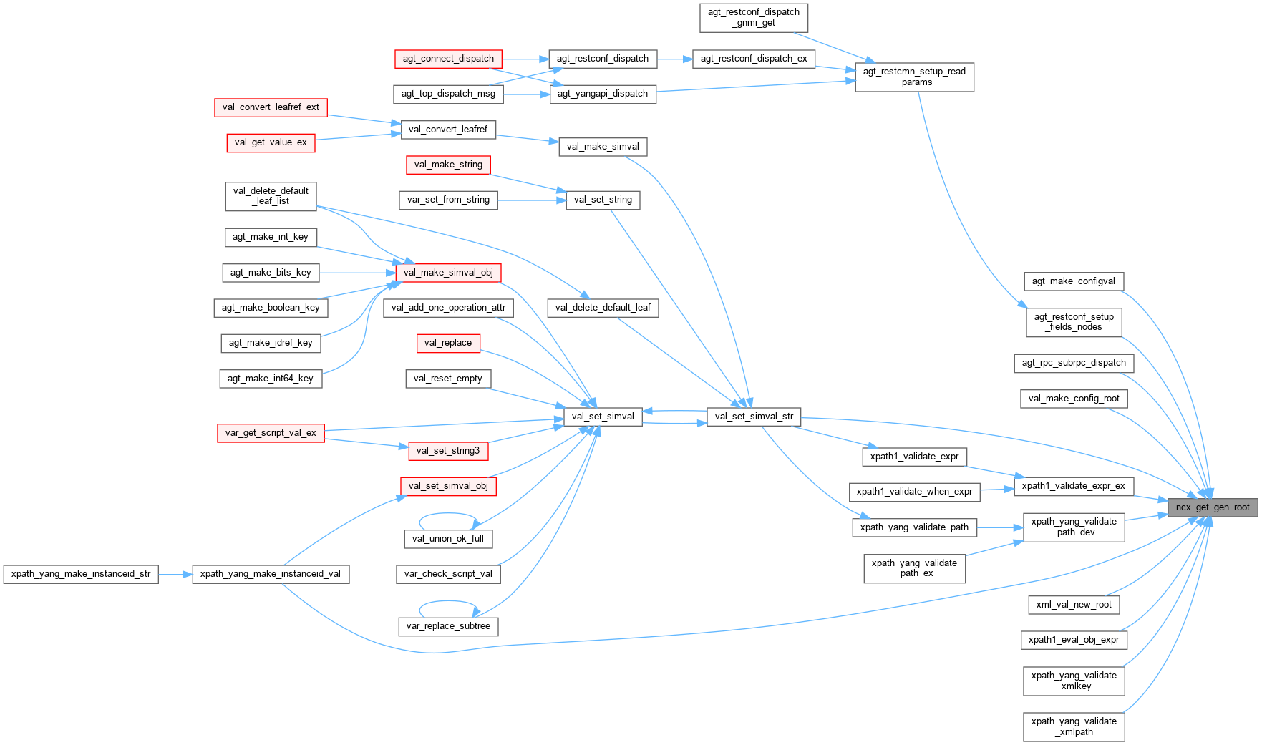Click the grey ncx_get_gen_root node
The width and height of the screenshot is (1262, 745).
click(x=1212, y=507)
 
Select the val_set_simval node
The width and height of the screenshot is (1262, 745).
click(x=603, y=417)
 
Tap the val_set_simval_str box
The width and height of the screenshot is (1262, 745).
click(x=754, y=417)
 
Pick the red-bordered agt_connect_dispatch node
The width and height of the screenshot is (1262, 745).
click(x=448, y=59)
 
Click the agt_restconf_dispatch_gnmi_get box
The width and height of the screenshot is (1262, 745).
click(x=754, y=17)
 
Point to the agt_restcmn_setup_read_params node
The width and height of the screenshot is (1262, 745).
click(x=914, y=77)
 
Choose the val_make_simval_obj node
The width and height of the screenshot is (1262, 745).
click(x=448, y=273)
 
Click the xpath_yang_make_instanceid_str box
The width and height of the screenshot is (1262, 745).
click(x=81, y=574)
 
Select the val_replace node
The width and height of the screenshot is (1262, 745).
click(x=448, y=343)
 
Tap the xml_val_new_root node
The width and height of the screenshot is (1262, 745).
click(x=1074, y=605)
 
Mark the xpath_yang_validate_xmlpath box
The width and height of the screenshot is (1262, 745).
click(x=1074, y=726)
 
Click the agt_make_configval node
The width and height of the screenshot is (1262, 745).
click(x=1073, y=281)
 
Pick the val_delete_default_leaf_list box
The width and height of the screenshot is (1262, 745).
click(x=271, y=196)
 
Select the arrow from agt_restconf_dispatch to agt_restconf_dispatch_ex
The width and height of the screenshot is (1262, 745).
click(x=674, y=59)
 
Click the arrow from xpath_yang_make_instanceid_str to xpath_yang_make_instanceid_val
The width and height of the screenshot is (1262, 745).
click(x=175, y=574)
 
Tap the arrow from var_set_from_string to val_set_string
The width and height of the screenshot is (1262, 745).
click(x=531, y=200)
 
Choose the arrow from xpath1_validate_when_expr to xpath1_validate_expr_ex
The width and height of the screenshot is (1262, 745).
click(x=997, y=490)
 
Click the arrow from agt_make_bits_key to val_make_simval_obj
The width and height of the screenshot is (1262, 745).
click(x=357, y=273)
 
